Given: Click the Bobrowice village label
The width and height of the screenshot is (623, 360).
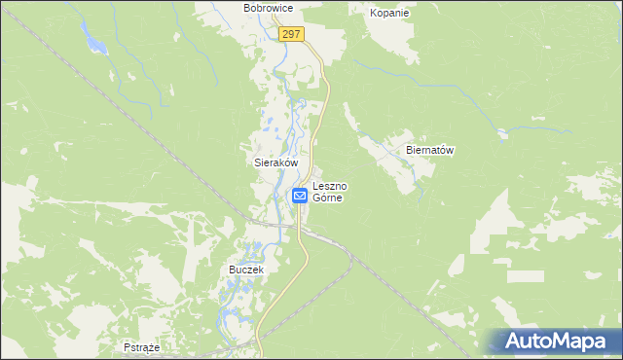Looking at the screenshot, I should (269, 8).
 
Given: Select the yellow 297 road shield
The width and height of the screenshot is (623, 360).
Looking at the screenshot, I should (291, 34).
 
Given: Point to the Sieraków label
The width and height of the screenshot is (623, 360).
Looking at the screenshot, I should (269, 164).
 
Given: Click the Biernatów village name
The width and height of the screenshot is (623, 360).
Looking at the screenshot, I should (429, 151).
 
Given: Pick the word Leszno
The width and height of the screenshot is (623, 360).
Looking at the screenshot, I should (332, 185).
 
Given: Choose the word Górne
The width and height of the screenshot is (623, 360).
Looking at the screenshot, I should (331, 197).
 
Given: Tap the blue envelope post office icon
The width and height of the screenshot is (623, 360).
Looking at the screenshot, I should (300, 196).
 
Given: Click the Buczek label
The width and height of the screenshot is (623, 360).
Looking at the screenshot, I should (246, 269).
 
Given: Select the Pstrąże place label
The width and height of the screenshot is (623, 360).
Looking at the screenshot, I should (141, 346).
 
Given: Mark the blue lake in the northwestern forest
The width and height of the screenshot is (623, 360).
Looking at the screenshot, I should (95, 44).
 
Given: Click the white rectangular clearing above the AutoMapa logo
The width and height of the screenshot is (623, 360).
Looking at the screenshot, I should (526, 275).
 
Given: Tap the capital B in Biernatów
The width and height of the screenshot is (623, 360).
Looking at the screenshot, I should (410, 151).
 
